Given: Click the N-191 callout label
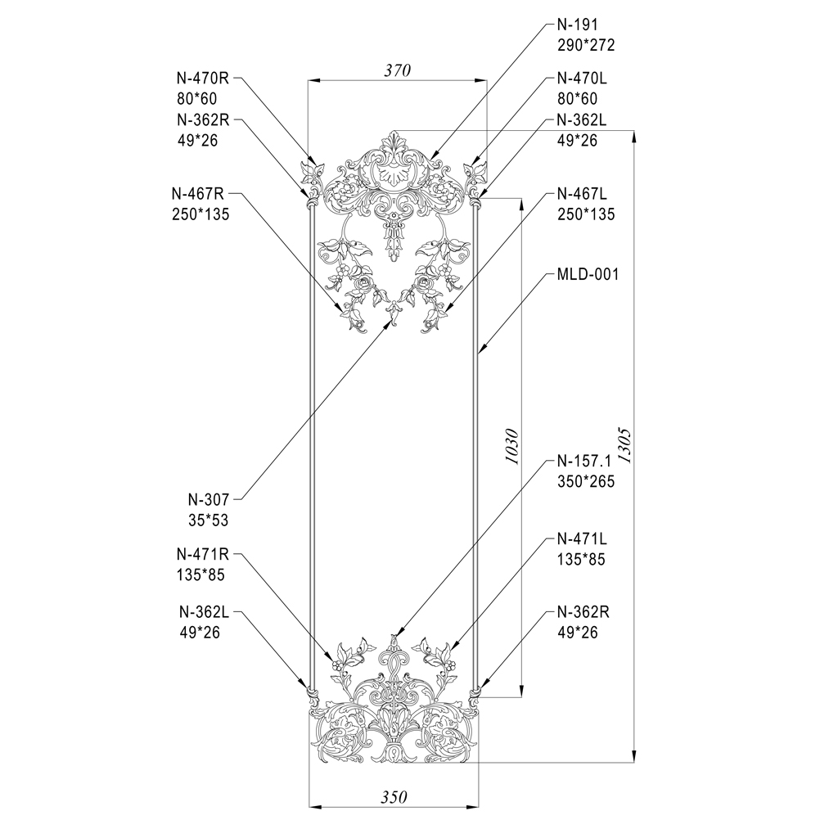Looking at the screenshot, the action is pyautogui.click(x=577, y=25).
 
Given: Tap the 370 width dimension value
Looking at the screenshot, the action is pyautogui.click(x=398, y=70).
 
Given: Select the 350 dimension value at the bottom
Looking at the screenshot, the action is pyautogui.click(x=394, y=797).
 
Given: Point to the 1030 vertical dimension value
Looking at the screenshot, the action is pyautogui.click(x=511, y=446).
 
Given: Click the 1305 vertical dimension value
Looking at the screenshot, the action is pyautogui.click(x=624, y=445).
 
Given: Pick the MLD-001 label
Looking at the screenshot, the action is pyautogui.click(x=588, y=275).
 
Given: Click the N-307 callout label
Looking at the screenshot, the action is pyautogui.click(x=209, y=500).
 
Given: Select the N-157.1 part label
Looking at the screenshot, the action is pyautogui.click(x=583, y=461).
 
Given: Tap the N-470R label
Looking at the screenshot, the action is pyautogui.click(x=203, y=78).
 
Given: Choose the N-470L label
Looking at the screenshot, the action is pyautogui.click(x=582, y=78).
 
